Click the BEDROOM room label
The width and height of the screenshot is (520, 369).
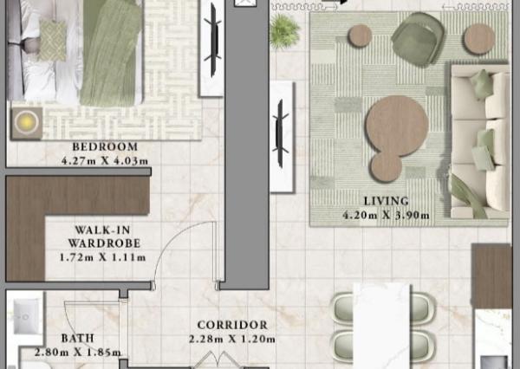tap(105, 146)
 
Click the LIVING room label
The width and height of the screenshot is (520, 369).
tap(387, 201)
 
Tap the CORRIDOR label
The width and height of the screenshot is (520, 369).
tap(231, 325)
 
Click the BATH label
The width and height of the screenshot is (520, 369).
tap(77, 339)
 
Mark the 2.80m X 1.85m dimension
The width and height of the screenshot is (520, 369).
tap(77, 353)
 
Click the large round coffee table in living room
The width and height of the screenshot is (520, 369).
tap(395, 124)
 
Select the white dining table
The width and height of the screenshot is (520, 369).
tap(381, 325)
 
